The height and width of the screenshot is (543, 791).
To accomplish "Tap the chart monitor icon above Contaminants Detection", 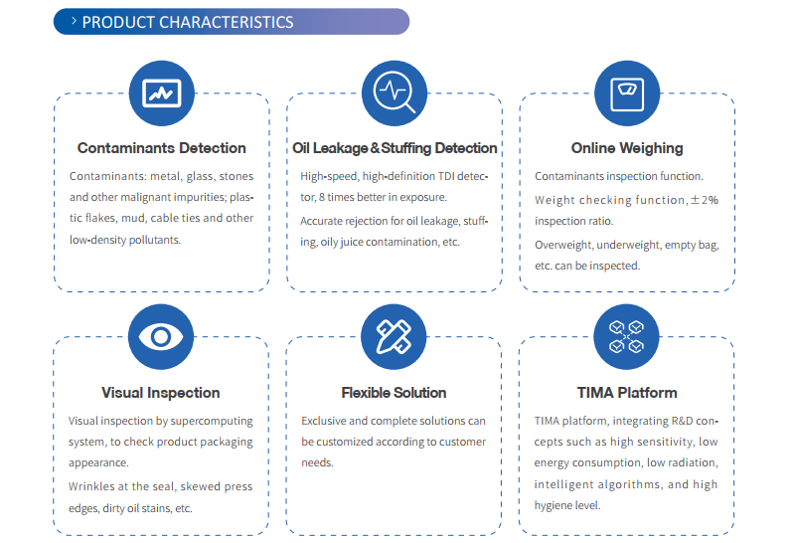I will coord(160,92).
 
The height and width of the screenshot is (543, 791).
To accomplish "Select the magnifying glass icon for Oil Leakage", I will coord(394,92).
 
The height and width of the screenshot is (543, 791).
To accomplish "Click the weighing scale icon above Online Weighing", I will coord(627,92).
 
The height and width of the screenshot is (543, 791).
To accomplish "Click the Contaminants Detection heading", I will coord(162,148).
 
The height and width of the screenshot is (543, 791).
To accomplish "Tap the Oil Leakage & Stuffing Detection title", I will coord(395,148).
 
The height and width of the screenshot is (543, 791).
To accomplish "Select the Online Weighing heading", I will coord(627,148).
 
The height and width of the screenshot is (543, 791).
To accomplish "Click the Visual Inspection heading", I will coord(161,393).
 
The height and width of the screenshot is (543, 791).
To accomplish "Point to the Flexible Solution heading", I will coord(394,393).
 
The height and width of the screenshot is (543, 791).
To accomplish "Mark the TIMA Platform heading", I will coord(627,393).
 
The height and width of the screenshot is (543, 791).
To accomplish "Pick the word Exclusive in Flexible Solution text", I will coord(324,421).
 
